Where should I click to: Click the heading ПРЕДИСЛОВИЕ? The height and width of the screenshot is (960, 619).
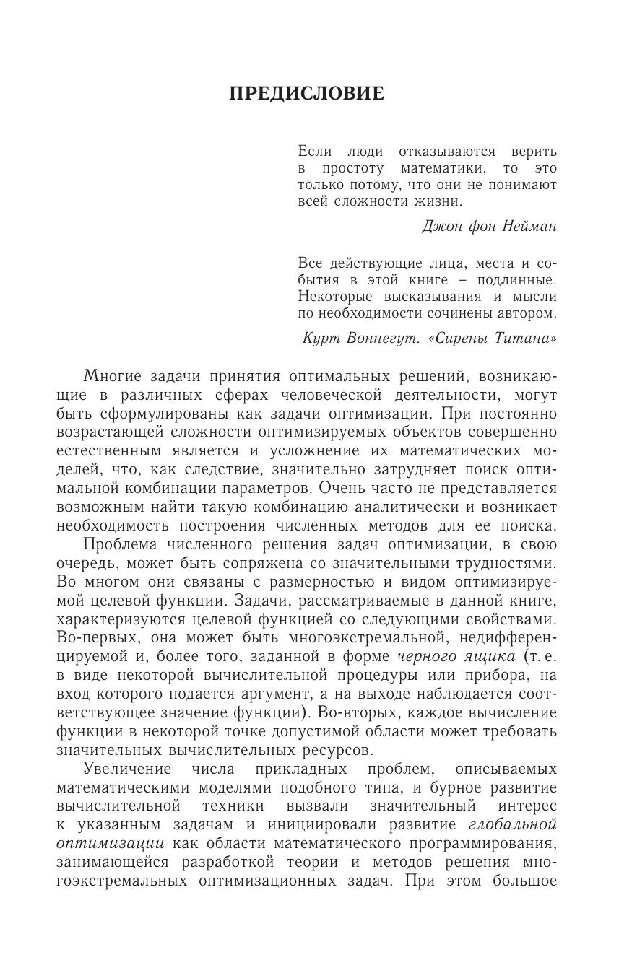pyautogui.click(x=306, y=94)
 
